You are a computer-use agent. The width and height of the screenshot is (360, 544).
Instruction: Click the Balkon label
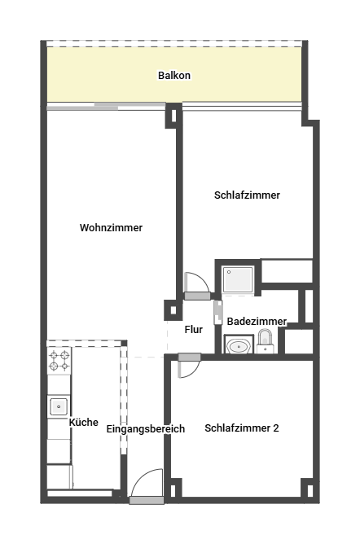174,75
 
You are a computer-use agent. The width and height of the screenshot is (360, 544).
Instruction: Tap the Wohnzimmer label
111,227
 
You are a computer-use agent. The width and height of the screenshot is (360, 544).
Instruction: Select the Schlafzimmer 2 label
242,428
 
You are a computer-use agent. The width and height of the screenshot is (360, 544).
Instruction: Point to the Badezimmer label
257,321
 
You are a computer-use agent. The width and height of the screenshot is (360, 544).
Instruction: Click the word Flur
194,329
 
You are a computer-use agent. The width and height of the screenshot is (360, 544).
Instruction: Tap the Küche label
84,422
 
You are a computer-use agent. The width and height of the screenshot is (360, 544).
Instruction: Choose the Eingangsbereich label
145,429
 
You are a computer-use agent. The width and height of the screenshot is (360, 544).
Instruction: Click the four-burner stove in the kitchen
59,361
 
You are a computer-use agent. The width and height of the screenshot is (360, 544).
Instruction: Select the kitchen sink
59,406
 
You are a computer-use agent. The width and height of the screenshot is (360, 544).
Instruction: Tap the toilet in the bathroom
266,341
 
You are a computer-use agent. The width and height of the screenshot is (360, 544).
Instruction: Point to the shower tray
238,279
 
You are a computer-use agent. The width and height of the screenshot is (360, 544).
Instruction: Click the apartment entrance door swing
147,483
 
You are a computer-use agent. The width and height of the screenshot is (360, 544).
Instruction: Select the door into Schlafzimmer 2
189,366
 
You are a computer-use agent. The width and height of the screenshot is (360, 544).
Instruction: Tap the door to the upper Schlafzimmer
196,285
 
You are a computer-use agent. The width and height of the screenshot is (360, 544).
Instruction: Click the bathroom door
218,312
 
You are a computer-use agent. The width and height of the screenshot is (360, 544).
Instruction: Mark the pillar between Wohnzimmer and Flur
173,309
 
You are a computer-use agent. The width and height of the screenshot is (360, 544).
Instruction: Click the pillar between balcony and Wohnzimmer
173,116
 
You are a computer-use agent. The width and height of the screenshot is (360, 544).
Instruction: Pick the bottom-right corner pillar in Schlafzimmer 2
309,489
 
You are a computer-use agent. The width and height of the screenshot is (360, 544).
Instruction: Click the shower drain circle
229,272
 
